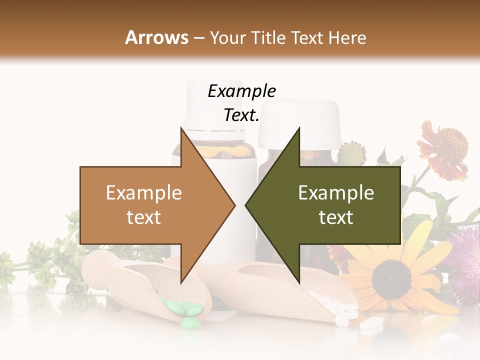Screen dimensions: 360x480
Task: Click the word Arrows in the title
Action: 156,37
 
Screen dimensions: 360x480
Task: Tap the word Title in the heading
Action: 267,37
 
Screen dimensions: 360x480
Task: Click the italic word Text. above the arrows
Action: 241,115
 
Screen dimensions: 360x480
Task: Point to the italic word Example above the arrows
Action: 241,91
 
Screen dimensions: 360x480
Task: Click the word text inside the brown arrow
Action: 143,217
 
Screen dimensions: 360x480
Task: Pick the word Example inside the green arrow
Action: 336,193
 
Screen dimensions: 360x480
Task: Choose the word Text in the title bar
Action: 307,37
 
